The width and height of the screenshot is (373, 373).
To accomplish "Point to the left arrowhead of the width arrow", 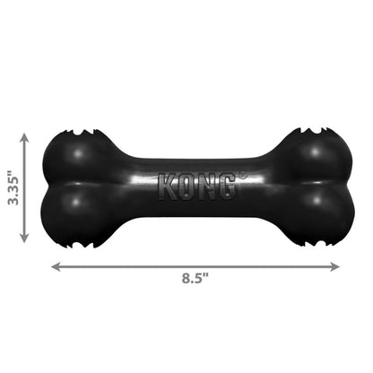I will pos(55,266).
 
